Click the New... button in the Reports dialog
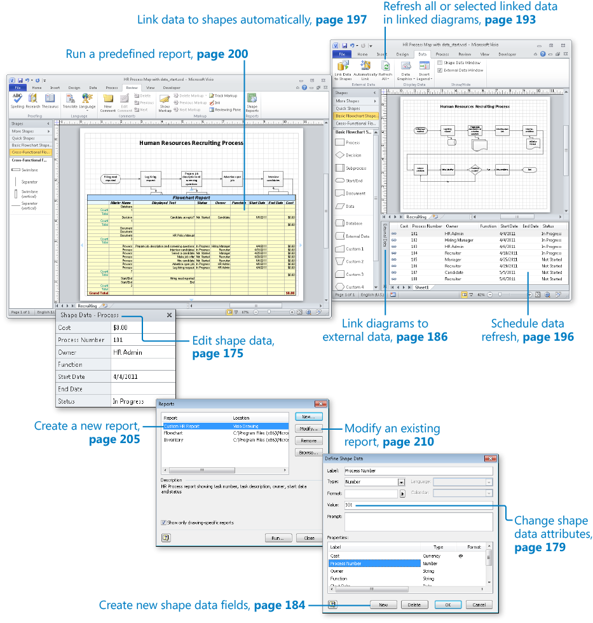pyautogui.click(x=308, y=416)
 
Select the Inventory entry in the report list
pyautogui.click(x=174, y=439)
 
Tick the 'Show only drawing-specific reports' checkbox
pyautogui.click(x=164, y=523)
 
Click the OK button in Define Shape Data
pyautogui.click(x=448, y=605)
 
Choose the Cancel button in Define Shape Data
pyautogui.click(x=479, y=605)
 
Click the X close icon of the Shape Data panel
pyautogui.click(x=169, y=315)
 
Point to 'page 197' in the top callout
pyautogui.click(x=341, y=20)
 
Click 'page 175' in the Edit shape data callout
pyautogui.click(x=217, y=354)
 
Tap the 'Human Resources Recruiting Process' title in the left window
pyautogui.click(x=191, y=143)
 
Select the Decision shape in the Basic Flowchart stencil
pyautogui.click(x=353, y=155)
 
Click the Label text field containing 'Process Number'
pyautogui.click(x=418, y=471)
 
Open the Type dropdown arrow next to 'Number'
pyautogui.click(x=402, y=483)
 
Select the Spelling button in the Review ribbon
pyautogui.click(x=17, y=100)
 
